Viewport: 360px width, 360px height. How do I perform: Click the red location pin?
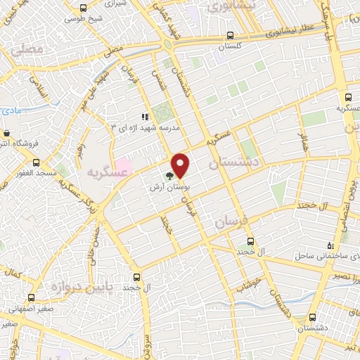pos(181,165)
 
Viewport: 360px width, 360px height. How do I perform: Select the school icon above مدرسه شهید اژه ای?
pos(144,117)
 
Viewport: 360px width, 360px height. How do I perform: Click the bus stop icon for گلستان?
pos(231,36)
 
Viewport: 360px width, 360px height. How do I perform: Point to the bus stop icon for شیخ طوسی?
pos(83,8)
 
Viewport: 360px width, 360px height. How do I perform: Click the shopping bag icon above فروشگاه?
pos(6,133)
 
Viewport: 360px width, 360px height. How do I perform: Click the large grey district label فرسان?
pos(231,221)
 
